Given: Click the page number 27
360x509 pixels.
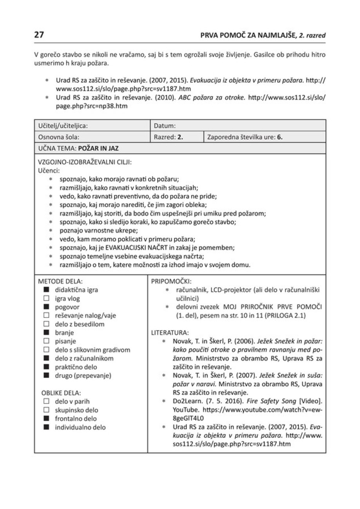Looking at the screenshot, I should coord(39,35).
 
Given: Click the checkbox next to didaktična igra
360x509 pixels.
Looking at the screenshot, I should coord(46,290).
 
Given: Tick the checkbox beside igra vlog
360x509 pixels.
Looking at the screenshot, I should coord(46,299).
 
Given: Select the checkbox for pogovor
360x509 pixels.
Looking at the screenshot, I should coord(46,307).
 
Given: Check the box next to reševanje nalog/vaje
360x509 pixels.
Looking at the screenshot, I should coord(46,316).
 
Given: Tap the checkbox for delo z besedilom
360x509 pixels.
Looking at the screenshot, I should coord(46,324).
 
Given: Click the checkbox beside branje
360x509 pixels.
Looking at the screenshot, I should coord(46,333).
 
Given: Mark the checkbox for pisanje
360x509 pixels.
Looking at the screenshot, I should coord(46,341).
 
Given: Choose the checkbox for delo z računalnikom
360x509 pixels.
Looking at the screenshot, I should coord(46,358).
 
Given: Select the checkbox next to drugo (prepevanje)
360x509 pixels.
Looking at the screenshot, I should coord(46,375).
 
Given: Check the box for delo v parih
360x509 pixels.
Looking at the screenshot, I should coord(46,401).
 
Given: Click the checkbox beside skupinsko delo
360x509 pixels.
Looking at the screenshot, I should coord(46,410).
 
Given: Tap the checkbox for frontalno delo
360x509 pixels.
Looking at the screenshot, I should coord(46,419).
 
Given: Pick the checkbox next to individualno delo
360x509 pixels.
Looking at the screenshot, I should coord(46,427).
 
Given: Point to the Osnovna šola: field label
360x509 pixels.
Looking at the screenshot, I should coord(58,137).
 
